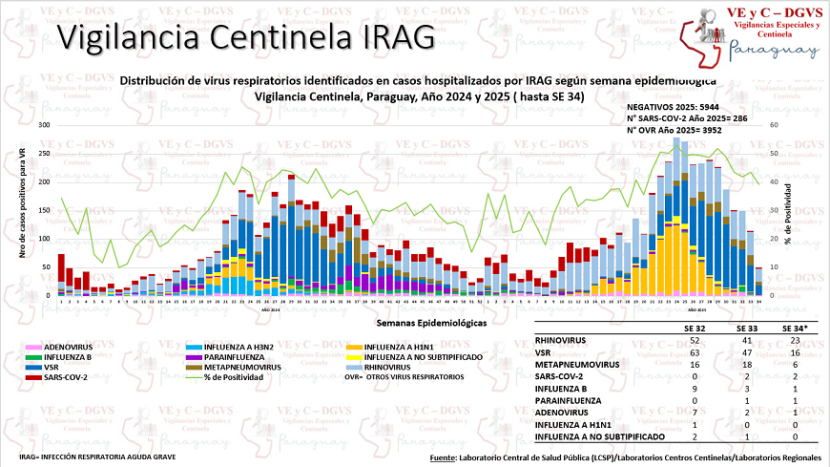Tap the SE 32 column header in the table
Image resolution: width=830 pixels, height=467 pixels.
[694, 328]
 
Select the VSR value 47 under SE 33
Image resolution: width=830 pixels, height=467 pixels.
[748, 352]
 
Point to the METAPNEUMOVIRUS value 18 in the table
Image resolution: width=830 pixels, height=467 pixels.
[748, 364]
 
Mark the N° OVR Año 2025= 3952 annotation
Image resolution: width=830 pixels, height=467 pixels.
[674, 129]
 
